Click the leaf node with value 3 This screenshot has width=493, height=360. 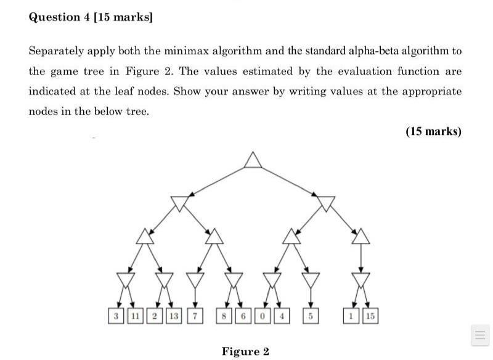tap(115, 316)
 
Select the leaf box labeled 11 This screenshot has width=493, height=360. tap(134, 316)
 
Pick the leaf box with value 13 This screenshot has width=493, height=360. tap(173, 316)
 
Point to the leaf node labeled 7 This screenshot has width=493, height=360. tap(195, 316)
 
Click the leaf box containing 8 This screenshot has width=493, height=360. tap(225, 316)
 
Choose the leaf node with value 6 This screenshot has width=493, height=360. tap(244, 316)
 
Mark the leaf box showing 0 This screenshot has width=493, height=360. tap(263, 316)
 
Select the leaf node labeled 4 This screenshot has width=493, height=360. tap(282, 316)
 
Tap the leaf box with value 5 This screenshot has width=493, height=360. tap(312, 316)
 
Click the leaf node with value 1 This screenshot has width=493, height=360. tap(351, 316)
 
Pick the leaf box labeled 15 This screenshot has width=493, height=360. tap(369, 316)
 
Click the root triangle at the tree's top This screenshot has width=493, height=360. tap(252, 160)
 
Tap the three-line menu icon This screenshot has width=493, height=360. tap(479, 335)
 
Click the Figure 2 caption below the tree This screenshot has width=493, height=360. tap(245, 351)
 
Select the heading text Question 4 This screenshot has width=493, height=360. tap(63, 17)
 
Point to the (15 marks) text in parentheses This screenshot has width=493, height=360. tap(433, 131)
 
